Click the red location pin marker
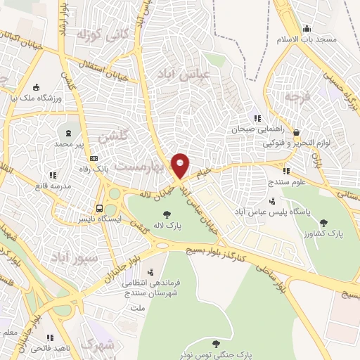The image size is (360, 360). point(181,165)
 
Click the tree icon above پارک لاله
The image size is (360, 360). point(167,215)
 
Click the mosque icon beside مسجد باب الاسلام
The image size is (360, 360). point(306,28)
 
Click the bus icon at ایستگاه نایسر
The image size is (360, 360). point(100,208)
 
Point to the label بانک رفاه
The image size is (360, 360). point(93,169)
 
